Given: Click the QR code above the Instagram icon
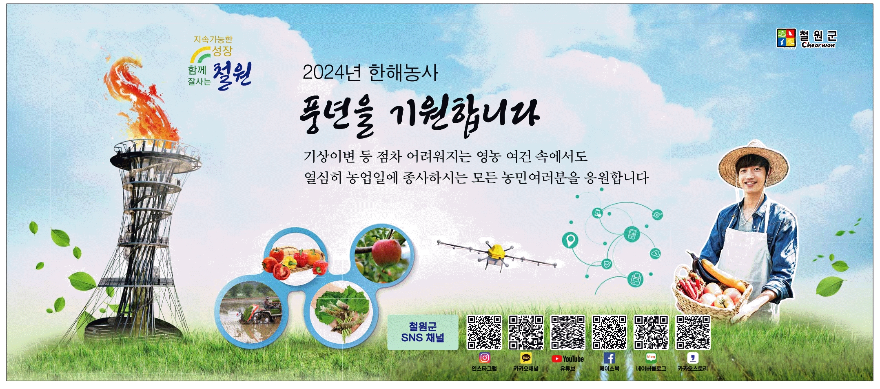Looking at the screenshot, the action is click(484, 333).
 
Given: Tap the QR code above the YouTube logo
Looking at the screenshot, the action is click(567, 333).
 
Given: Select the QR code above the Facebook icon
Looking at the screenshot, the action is click(609, 333).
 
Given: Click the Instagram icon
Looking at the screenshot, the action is click(484, 358).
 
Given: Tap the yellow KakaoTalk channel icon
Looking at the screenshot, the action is click(526, 358).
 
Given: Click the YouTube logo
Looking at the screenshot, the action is click(567, 359).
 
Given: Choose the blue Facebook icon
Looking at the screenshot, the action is click(609, 358).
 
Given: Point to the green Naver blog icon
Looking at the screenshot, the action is click(651, 358).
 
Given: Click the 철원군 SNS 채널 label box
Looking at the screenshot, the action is click(423, 332).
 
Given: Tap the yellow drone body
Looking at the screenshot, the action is click(497, 251).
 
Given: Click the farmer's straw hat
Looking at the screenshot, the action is click(753, 163).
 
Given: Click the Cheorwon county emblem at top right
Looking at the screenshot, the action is click(786, 38).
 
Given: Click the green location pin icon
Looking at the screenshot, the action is click(570, 240).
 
